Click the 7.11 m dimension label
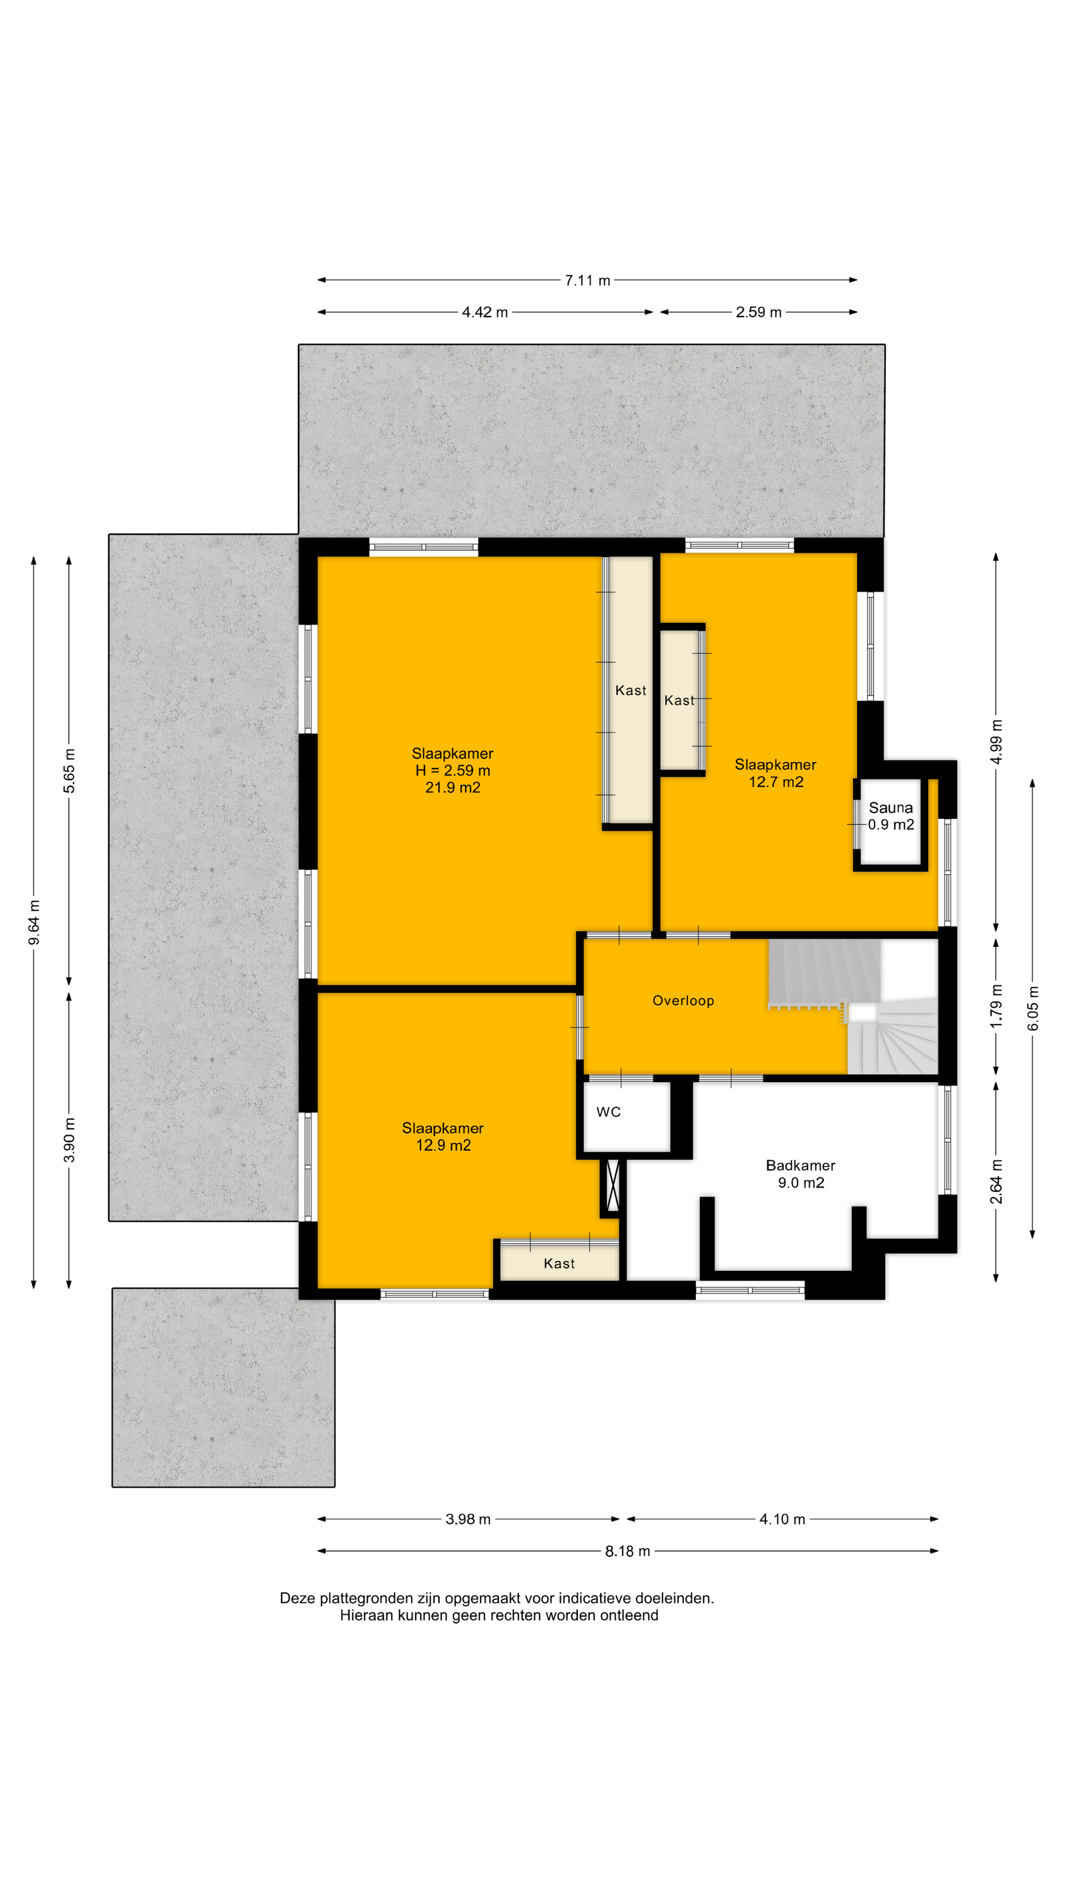pyautogui.click(x=587, y=280)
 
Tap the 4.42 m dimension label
pyautogui.click(x=485, y=312)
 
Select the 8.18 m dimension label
pyautogui.click(x=628, y=1551)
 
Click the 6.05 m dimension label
pyautogui.click(x=1033, y=1008)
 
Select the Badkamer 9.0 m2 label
pyautogui.click(x=800, y=1174)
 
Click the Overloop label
pyautogui.click(x=683, y=1001)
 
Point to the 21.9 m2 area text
pyautogui.click(x=452, y=787)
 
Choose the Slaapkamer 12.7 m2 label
pyautogui.click(x=776, y=773)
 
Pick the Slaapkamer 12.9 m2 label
pyautogui.click(x=443, y=1136)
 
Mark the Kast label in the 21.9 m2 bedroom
pyautogui.click(x=630, y=690)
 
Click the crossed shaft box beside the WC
pyautogui.click(x=612, y=1186)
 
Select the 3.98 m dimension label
pyautogui.click(x=468, y=1519)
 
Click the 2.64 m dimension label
pyautogui.click(x=996, y=1181)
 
